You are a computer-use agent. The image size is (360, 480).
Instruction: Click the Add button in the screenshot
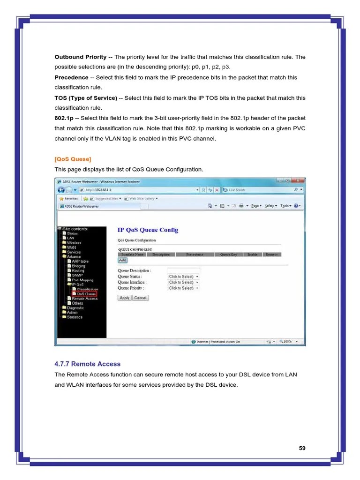[x=122, y=260]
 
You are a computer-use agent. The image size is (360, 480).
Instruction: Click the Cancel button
[x=140, y=298]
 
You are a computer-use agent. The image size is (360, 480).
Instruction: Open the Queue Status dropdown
[x=183, y=277]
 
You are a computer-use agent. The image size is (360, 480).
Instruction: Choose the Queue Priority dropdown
[x=183, y=288]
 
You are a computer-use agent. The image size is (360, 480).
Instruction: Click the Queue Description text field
[x=183, y=270]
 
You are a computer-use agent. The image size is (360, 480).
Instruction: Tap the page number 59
[x=302, y=448]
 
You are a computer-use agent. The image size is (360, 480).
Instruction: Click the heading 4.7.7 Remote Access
[x=88, y=364]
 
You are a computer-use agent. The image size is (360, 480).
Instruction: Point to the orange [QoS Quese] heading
[x=73, y=159]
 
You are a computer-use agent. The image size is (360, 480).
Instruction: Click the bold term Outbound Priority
[x=81, y=57]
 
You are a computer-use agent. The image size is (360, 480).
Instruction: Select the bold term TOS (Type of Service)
[x=86, y=98]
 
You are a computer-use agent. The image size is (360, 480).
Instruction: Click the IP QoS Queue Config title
[x=148, y=230]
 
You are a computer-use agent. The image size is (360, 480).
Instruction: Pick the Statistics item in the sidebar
[x=74, y=317]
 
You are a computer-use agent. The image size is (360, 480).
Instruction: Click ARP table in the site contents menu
[x=80, y=261]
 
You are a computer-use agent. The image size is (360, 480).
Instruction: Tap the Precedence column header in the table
[x=195, y=255]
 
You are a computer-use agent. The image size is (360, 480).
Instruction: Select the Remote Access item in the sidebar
[x=84, y=299]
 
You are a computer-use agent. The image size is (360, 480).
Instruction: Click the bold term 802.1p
[x=64, y=118]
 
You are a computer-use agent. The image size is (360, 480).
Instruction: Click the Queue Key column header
[x=229, y=255]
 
